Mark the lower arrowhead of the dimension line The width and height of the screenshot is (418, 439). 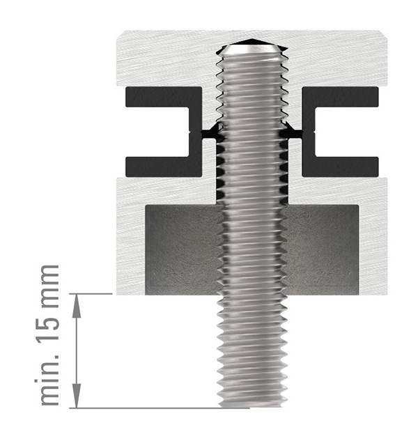[77, 400]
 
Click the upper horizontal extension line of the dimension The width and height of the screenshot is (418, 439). [94, 294]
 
